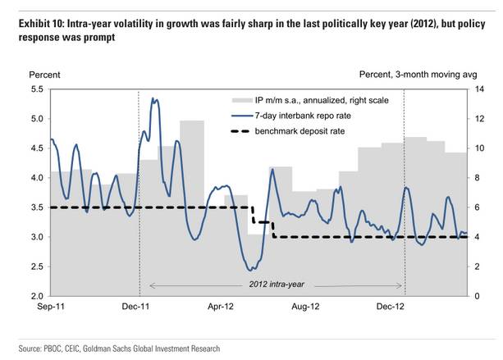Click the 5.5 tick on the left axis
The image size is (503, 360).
pos(37,89)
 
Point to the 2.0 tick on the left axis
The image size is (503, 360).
pos(37,295)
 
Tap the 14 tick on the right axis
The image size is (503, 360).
pos(482,89)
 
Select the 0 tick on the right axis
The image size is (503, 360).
pos(480,295)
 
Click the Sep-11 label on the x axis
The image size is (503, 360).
pos(50,308)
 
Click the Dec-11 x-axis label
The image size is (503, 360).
pos(136,308)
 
